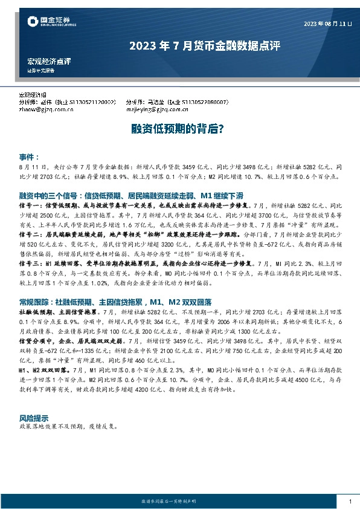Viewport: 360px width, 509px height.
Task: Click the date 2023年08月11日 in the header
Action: click(326, 24)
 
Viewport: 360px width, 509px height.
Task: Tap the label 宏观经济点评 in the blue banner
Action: click(49, 62)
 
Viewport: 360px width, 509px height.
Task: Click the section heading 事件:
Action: click(30, 156)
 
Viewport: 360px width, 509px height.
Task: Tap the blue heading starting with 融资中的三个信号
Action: click(131, 196)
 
